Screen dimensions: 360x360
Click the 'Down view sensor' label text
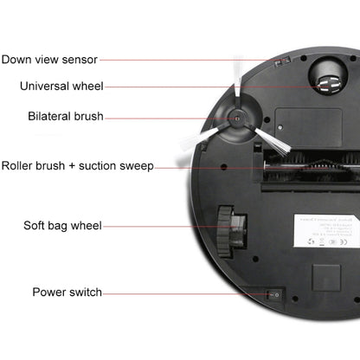tap(49, 60)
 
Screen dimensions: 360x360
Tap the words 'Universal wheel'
tap(61, 86)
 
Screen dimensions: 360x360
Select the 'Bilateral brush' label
tap(65, 116)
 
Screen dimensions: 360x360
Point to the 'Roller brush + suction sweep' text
tap(77, 165)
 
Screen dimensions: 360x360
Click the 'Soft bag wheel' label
tap(62, 226)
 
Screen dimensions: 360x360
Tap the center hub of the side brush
tap(235, 125)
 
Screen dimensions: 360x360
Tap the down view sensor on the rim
tap(279, 63)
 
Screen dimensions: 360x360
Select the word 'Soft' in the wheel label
tap(35, 226)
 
